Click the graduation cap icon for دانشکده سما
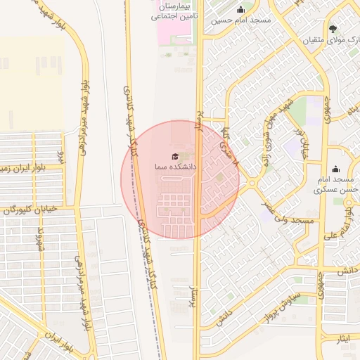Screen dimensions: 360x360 click(x=175, y=156)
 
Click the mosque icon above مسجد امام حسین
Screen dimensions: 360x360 click(x=241, y=10)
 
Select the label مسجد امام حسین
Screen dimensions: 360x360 click(x=241, y=20)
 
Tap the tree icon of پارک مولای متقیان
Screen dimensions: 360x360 click(x=333, y=29)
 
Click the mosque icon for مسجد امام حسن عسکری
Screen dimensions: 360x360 click(x=335, y=169)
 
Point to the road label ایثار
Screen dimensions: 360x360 click(x=343, y=339)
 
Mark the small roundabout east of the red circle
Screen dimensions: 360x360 click(x=252, y=184)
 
